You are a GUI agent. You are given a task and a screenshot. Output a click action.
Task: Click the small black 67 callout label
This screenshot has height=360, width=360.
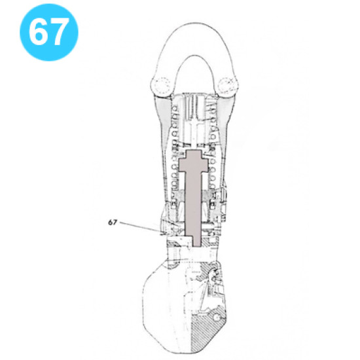point(112,222)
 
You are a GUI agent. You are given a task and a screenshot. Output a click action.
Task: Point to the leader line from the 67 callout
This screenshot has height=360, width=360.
point(141,226)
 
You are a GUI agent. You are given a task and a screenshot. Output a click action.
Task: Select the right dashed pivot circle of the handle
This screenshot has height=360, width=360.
point(230,84)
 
